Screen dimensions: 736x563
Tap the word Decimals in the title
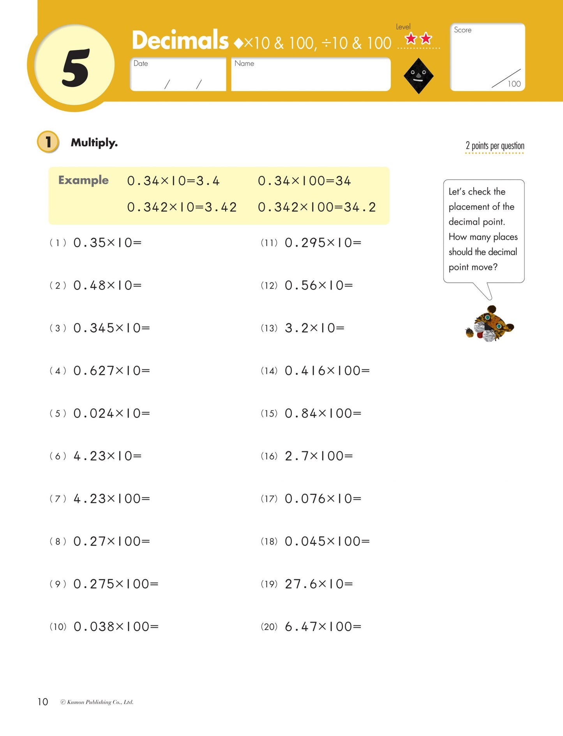tap(180, 41)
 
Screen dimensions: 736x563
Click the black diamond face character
tap(418, 76)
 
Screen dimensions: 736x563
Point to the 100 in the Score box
tap(514, 84)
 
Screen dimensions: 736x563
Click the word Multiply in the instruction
tap(94, 143)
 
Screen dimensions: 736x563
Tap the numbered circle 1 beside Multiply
tap(48, 142)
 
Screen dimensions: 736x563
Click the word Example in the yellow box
tap(83, 180)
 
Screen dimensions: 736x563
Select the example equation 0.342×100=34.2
tap(317, 207)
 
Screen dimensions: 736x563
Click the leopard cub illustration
tap(489, 324)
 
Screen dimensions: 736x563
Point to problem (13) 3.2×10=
tap(314, 328)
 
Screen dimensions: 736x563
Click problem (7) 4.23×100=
tap(111, 498)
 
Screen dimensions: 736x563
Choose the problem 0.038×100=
tap(116, 626)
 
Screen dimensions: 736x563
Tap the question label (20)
tap(269, 627)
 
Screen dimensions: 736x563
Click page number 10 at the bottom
tap(43, 702)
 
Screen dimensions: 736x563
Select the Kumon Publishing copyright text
tap(97, 702)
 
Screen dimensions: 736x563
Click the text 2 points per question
tap(495, 146)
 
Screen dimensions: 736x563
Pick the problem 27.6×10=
tap(319, 584)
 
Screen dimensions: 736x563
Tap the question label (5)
tap(58, 413)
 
